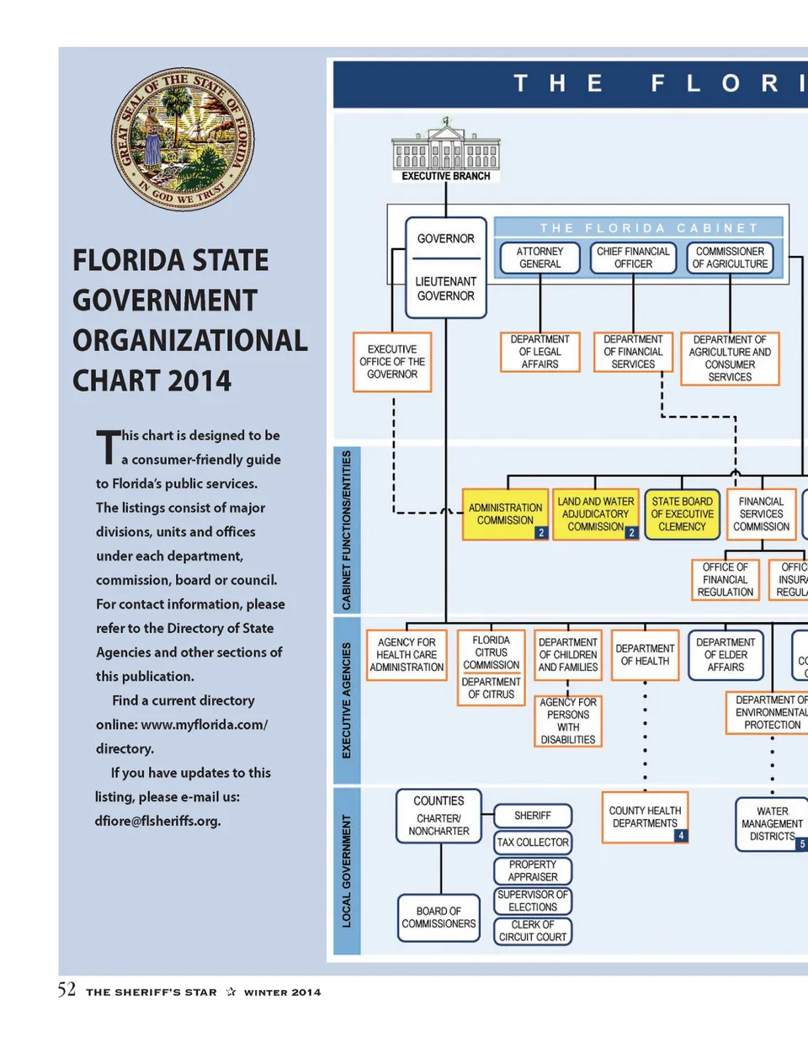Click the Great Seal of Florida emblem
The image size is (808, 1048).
(x=183, y=140)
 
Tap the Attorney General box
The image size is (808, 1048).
(x=540, y=258)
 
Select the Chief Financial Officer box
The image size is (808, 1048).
(x=633, y=258)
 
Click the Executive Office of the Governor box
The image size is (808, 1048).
(x=392, y=362)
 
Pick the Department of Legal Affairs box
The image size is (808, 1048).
(x=540, y=352)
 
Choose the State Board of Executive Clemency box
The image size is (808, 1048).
(x=682, y=514)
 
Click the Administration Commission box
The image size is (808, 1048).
(x=505, y=514)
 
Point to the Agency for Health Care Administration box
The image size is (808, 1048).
(x=407, y=655)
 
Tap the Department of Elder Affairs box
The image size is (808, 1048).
(x=726, y=655)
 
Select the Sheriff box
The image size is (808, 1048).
(x=533, y=816)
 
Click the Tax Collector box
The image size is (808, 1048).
(x=533, y=842)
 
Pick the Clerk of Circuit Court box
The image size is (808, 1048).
(x=533, y=931)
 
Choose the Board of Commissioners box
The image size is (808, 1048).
(x=439, y=918)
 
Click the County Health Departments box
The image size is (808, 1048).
(x=645, y=817)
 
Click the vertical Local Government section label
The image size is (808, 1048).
(x=347, y=871)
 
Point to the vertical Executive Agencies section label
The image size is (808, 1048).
(x=347, y=700)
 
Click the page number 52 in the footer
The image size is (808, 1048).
(x=66, y=990)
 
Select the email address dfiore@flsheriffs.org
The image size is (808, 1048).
(x=157, y=821)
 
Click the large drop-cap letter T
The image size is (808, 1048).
(x=108, y=446)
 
